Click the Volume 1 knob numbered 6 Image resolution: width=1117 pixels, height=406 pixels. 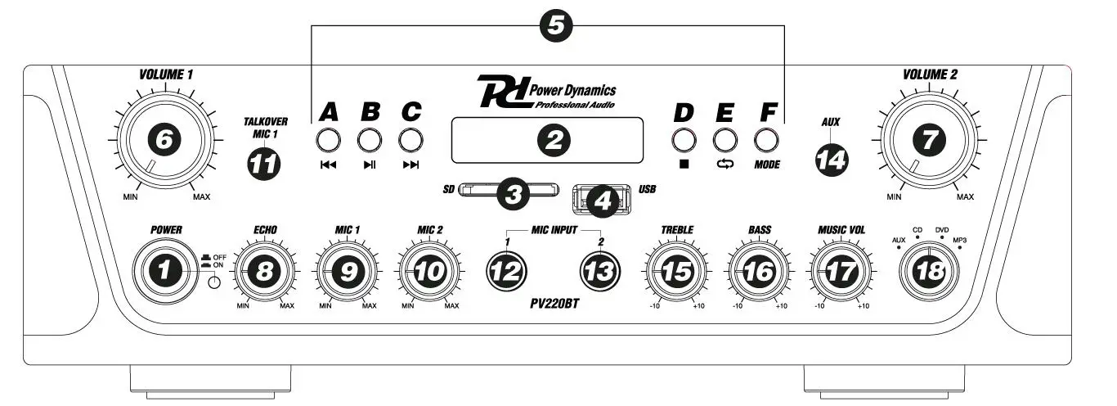pyautogui.click(x=164, y=141)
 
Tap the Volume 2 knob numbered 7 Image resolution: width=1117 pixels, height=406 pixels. pyautogui.click(x=927, y=141)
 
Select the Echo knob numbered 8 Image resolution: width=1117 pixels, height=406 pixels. pyautogui.click(x=263, y=273)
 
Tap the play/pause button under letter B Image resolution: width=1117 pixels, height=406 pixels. pyautogui.click(x=369, y=140)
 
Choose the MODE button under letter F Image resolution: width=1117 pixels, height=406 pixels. pyautogui.click(x=766, y=140)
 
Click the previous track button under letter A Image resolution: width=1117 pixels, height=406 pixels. pyautogui.click(x=327, y=140)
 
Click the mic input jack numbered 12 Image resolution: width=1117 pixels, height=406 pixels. pyautogui.click(x=507, y=273)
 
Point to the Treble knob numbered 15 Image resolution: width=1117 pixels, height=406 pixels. pyautogui.click(x=676, y=273)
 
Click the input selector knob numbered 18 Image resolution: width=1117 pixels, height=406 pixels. pyautogui.click(x=930, y=273)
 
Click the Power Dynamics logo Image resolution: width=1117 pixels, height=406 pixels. pyautogui.click(x=547, y=92)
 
